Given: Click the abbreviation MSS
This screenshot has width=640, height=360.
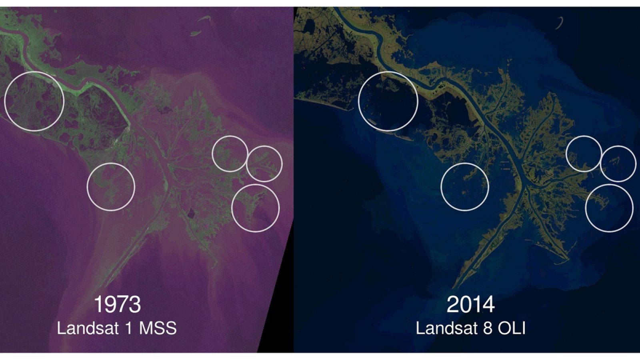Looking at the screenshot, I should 158,328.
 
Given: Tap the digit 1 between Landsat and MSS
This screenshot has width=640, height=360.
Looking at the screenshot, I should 128,328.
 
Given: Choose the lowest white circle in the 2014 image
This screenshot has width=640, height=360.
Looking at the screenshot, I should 609,208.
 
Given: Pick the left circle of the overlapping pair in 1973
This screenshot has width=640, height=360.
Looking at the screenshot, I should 230,154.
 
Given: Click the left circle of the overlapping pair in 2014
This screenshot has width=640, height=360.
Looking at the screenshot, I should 584,154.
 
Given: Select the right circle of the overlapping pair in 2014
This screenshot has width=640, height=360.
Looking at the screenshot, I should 618,164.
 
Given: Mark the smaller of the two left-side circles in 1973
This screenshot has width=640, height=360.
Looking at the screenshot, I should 111,186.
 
